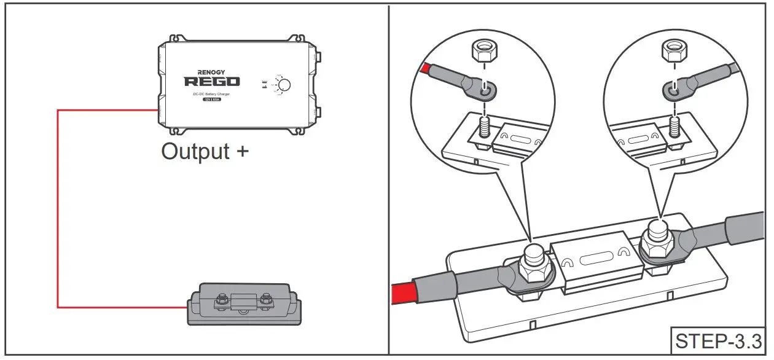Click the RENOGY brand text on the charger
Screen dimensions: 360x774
[x=212, y=72]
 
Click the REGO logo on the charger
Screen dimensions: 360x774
[x=212, y=82]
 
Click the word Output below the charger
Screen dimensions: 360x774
[x=195, y=151]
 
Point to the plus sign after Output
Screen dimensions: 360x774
[x=242, y=152]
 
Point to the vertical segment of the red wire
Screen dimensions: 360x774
[x=57, y=209]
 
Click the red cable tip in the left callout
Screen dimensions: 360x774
[x=424, y=68]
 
